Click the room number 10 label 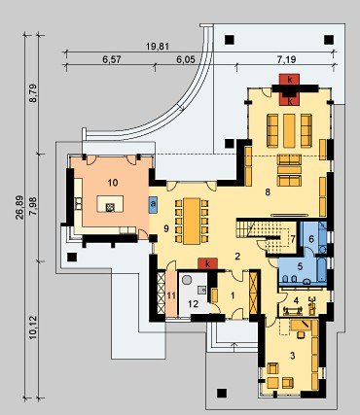coord(112,183)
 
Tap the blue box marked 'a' coord(153,205)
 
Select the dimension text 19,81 coord(158,47)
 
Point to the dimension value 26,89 coord(19,208)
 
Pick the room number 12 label coord(194,304)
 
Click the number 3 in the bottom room coord(293,356)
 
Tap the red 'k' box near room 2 coord(207,263)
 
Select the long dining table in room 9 coord(192,221)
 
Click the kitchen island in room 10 coord(110,204)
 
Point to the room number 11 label coord(171,295)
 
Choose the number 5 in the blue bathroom coord(300,266)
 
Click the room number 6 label coord(311,239)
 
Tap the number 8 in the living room coord(268,192)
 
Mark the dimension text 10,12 coord(33,328)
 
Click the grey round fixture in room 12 coord(187,280)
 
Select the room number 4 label coord(296,300)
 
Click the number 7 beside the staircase coord(293,239)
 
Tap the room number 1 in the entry coord(233,295)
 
